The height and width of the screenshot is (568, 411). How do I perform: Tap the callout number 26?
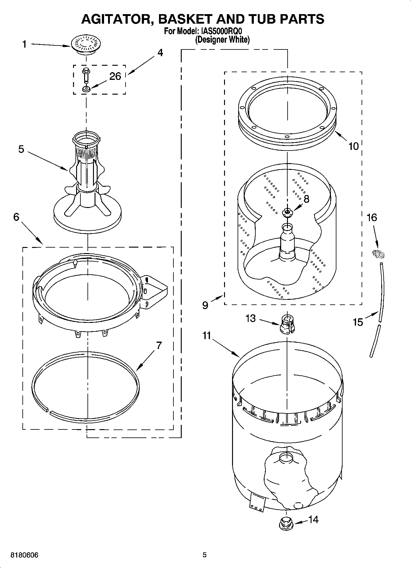pos(115,76)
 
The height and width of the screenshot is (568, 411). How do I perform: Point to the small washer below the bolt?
pos(86,89)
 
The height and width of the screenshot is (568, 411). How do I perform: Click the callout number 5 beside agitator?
pos(21,149)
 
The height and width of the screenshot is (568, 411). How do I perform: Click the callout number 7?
pos(159,345)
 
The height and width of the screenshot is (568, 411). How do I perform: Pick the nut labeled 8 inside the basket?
pos(287,212)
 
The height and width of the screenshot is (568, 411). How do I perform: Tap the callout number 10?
pos(354,146)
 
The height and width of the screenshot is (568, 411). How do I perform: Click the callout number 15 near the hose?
pos(358,322)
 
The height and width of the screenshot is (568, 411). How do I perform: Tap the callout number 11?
pos(207,335)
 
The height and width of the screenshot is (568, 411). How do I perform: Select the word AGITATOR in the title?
pos(114,19)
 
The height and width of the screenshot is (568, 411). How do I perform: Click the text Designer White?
pos(223,39)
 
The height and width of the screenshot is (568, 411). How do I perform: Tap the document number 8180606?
pos(25,555)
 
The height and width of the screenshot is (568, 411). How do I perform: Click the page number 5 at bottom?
pos(204,555)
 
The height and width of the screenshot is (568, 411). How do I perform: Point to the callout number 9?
pos(205,305)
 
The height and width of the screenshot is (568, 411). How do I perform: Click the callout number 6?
pos(16,217)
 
